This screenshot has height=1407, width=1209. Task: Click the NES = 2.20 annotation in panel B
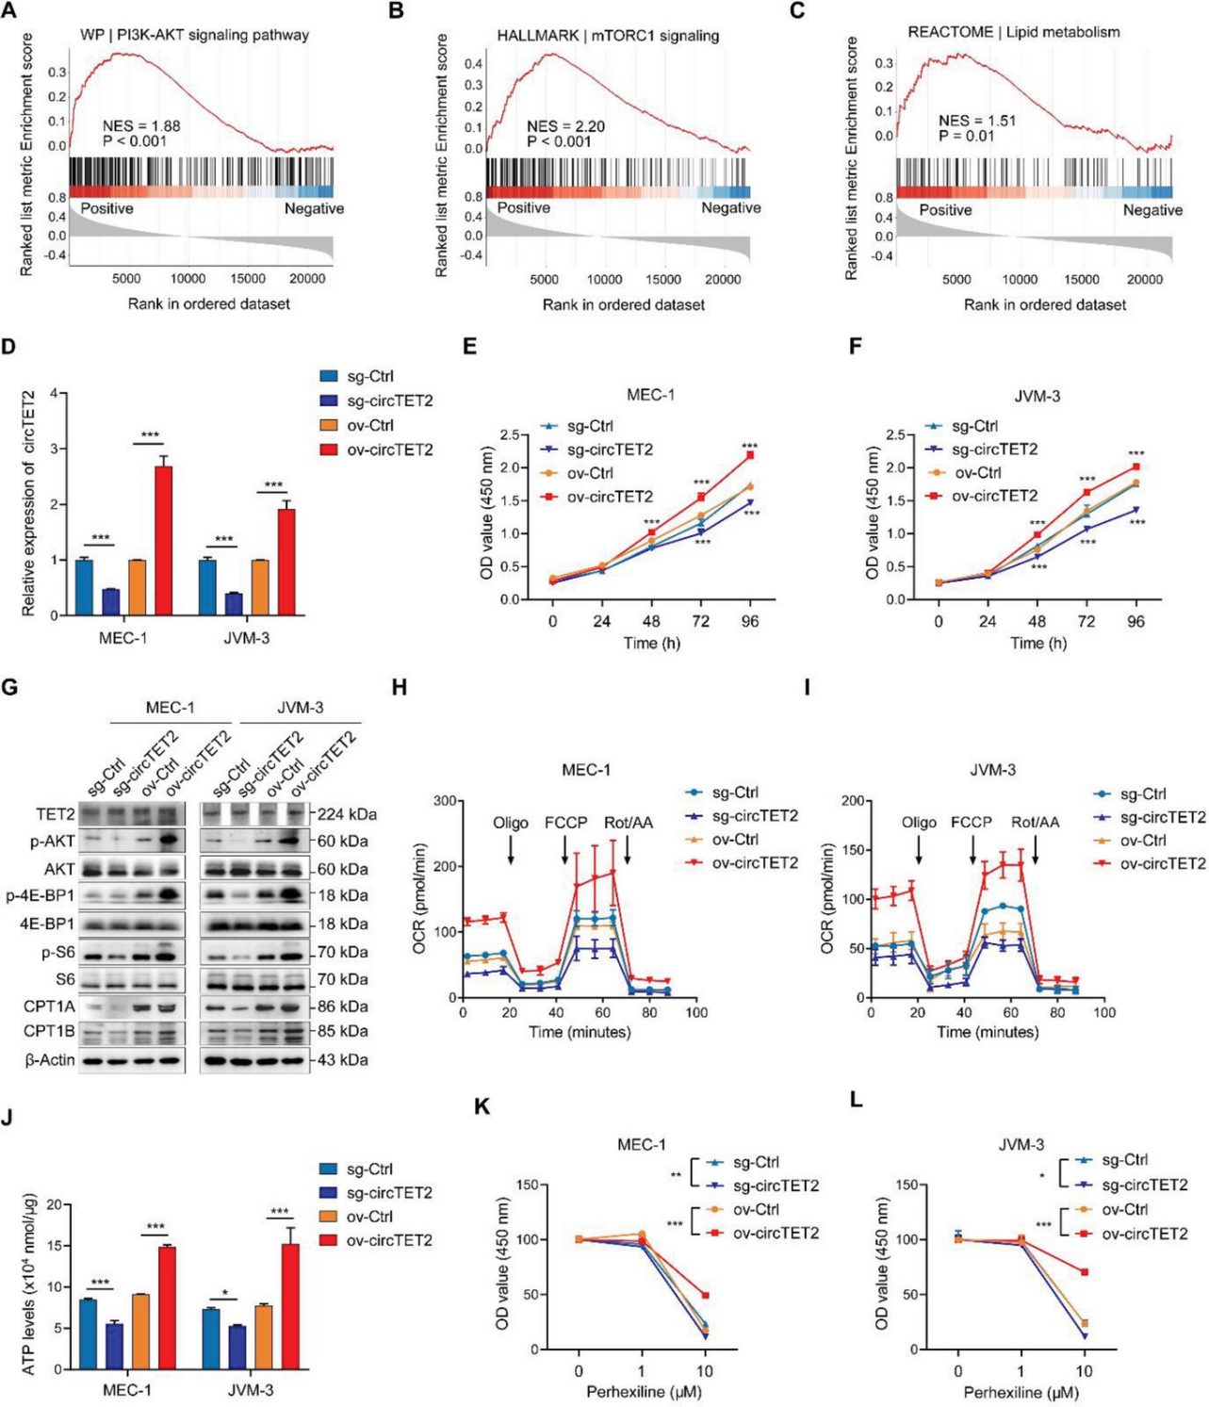click(x=565, y=126)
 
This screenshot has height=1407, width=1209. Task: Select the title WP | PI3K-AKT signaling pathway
click(x=194, y=35)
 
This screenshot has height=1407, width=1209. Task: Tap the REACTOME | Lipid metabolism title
click(x=1013, y=32)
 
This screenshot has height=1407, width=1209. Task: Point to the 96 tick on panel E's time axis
click(x=750, y=621)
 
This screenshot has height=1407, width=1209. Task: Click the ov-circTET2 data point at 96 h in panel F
click(x=1136, y=466)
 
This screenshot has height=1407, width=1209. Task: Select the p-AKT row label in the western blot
click(x=53, y=841)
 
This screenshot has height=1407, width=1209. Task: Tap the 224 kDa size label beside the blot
click(x=345, y=814)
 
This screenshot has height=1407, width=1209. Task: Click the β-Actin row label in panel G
click(x=50, y=1060)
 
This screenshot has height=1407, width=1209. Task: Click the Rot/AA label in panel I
click(x=1035, y=822)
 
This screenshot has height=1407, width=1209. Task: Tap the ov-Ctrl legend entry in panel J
click(x=368, y=1217)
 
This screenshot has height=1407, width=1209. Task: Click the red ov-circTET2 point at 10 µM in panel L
click(x=1085, y=1272)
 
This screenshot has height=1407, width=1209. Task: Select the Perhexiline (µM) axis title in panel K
click(x=644, y=1392)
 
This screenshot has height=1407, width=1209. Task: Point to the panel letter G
click(x=10, y=688)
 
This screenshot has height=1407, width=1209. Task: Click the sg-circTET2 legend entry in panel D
click(x=389, y=401)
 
